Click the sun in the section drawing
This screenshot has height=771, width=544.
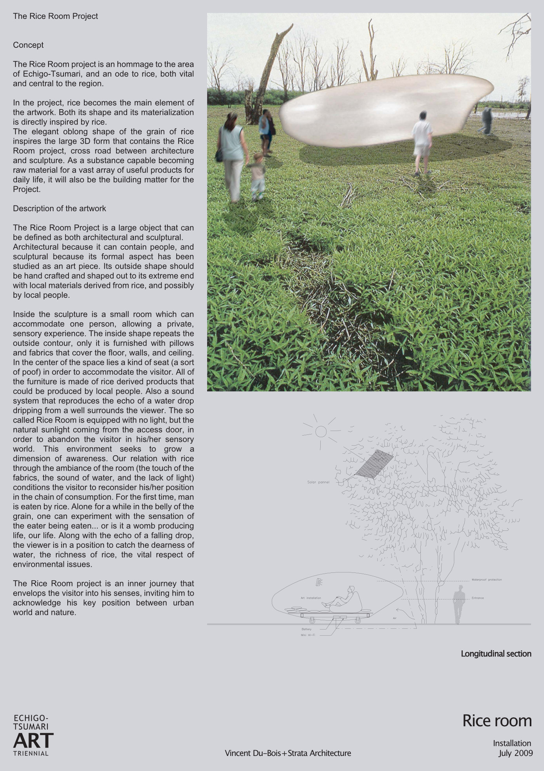[x=321, y=431]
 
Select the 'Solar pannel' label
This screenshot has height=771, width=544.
[x=318, y=482]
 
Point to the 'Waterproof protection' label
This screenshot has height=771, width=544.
[x=487, y=580]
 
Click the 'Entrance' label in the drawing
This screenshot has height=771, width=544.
[x=477, y=598]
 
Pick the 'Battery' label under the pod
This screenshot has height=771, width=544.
[x=306, y=629]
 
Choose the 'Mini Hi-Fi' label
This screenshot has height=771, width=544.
[x=308, y=635]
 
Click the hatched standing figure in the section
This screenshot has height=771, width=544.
[x=459, y=604]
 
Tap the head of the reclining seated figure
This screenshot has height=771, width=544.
[x=350, y=589]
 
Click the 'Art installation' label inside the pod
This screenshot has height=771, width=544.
[x=311, y=598]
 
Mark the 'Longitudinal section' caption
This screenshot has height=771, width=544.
[x=496, y=654]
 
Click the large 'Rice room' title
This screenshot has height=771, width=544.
[x=497, y=721]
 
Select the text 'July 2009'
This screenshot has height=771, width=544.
[x=515, y=753]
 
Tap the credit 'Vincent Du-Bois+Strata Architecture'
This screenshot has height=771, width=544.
[x=288, y=753]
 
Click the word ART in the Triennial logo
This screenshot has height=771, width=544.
[x=33, y=740]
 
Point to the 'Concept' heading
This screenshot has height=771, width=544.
[x=28, y=45]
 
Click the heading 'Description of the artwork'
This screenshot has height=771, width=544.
[x=59, y=209]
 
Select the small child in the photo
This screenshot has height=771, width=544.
[x=257, y=177]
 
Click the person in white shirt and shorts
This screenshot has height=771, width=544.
[x=422, y=143]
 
